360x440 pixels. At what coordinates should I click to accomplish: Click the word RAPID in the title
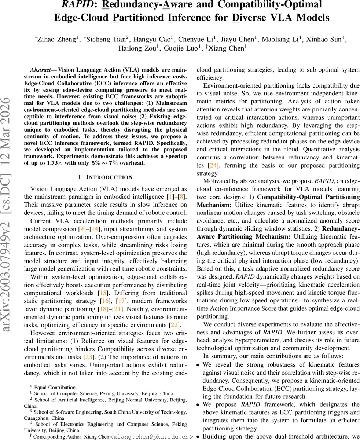point(76,5)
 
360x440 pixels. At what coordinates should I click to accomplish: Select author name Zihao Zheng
point(56,39)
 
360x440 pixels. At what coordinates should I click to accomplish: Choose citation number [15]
point(102,293)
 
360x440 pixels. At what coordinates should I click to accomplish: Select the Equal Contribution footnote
point(55,387)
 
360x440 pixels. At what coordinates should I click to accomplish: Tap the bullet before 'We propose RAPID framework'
point(198,405)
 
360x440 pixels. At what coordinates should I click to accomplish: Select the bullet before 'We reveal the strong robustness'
point(198,365)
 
